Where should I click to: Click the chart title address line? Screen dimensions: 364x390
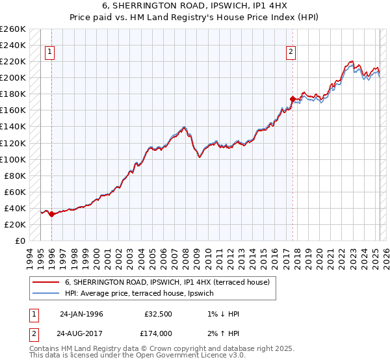195,6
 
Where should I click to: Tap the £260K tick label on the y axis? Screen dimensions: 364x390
13,29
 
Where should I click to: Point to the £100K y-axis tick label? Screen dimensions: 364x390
13,159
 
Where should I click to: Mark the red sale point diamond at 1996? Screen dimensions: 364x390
52,214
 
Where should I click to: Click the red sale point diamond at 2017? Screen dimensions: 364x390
292,99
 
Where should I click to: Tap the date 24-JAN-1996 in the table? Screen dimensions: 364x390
81,314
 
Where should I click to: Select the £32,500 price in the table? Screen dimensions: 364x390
158,314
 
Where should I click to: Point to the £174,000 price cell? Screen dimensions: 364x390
158,333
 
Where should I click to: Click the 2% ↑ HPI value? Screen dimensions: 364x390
223,333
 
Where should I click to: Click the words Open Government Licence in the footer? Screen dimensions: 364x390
179,356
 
